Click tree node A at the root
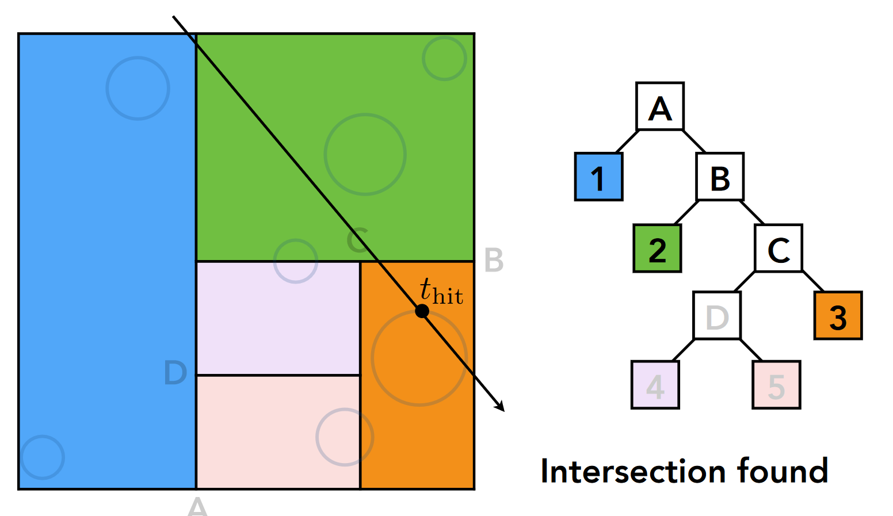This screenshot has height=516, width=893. click(659, 106)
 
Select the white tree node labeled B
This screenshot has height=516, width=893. click(719, 177)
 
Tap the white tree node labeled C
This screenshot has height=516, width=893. click(778, 248)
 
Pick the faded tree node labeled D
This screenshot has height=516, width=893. click(716, 315)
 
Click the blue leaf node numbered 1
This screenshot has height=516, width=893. click(598, 177)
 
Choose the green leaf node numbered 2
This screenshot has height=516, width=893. click(657, 248)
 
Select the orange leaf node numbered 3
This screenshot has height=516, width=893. click(837, 315)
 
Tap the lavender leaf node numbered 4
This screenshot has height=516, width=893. click(655, 385)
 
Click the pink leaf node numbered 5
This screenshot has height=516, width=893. click(776, 385)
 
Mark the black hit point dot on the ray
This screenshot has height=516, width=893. click(422, 311)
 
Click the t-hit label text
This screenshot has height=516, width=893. click(441, 292)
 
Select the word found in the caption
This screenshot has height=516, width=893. click(782, 471)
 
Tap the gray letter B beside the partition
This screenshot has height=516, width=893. click(494, 260)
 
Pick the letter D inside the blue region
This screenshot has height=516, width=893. click(175, 373)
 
